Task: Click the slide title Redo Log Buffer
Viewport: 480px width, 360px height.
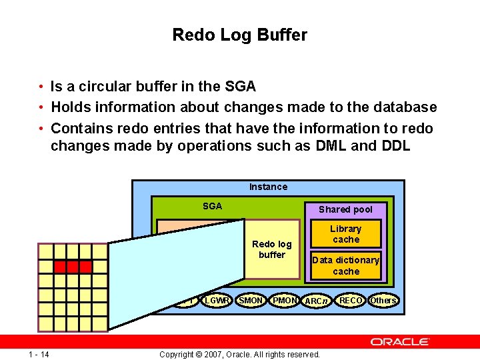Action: coord(239,35)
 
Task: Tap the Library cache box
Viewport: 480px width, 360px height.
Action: coord(346,234)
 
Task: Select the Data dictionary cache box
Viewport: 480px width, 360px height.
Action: coord(346,265)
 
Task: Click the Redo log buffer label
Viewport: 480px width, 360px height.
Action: coord(271,249)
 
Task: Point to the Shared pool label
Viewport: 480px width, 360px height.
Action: coord(345,209)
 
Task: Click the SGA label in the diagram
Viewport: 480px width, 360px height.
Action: coord(212,206)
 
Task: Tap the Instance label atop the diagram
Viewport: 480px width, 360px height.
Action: coord(268,187)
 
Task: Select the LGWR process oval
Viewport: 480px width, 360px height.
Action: coord(217,301)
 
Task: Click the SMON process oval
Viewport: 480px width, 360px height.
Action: coord(251,301)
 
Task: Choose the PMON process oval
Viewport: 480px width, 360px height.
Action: coord(285,301)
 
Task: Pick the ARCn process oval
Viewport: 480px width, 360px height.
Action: coord(317,301)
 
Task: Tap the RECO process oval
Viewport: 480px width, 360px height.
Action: coord(351,301)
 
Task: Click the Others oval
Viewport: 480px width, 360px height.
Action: coord(383,301)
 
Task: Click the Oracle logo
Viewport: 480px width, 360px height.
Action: coord(400,342)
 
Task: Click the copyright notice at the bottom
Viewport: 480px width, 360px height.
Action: coord(239,354)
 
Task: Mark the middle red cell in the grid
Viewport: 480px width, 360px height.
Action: coord(72,267)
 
